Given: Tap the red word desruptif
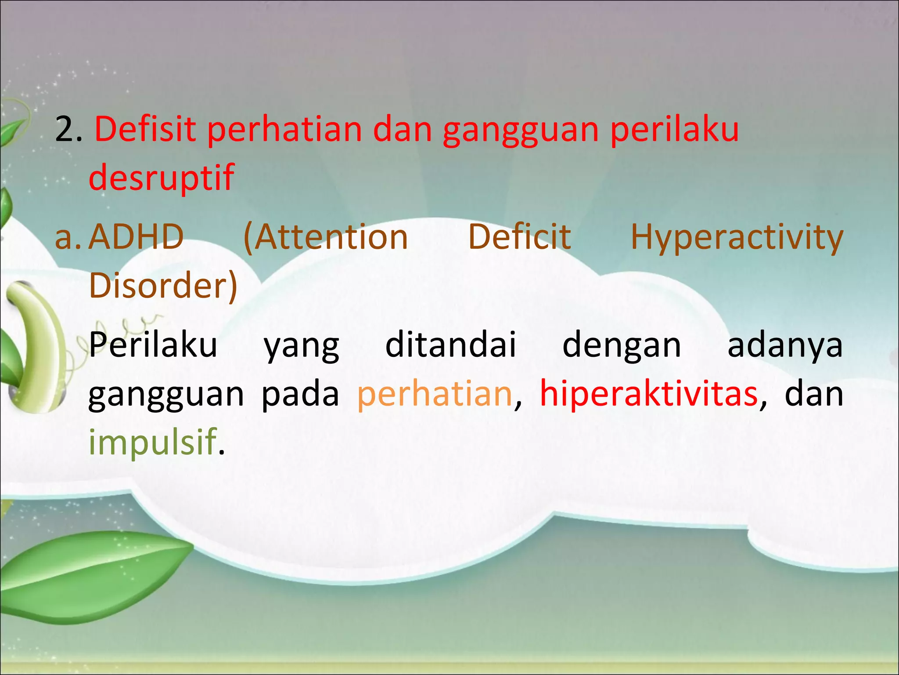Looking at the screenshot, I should [161, 178].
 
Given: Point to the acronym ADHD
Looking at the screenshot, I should [136, 237].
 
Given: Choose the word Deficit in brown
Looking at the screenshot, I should [519, 237].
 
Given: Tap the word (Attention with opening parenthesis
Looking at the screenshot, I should [325, 237].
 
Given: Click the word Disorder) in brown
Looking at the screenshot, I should [163, 286].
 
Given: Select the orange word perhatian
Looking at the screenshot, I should [435, 394].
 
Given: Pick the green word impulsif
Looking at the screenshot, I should [153, 442].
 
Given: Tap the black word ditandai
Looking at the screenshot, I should [450, 345].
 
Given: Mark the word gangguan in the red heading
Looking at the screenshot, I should [520, 131].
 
